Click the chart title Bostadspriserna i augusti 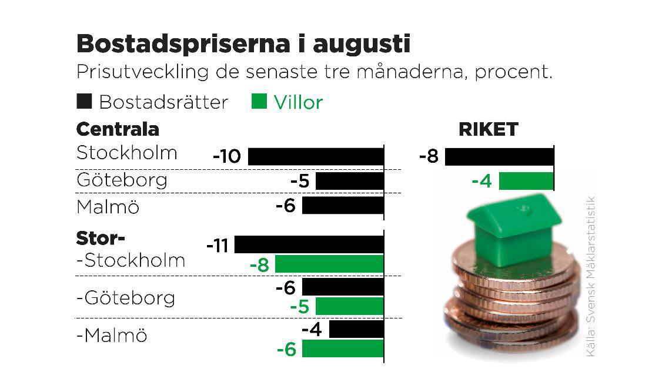[x=243, y=44]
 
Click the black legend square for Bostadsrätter [x=84, y=102]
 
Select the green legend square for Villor [x=259, y=102]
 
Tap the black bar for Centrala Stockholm [x=315, y=157]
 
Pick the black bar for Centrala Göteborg [x=349, y=181]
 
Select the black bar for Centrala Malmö [x=342, y=206]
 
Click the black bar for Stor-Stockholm [x=309, y=244]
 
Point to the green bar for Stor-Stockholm [x=329, y=264]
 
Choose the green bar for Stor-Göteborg [x=349, y=306]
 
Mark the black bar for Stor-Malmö [x=356, y=329]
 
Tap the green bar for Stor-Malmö [x=342, y=348]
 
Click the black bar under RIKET [x=499, y=157]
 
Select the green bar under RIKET [x=526, y=181]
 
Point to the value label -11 [x=218, y=245]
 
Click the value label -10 [x=227, y=157]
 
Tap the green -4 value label [x=482, y=181]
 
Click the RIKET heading [x=488, y=129]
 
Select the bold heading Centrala [x=118, y=129]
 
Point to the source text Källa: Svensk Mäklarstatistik [x=591, y=276]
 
